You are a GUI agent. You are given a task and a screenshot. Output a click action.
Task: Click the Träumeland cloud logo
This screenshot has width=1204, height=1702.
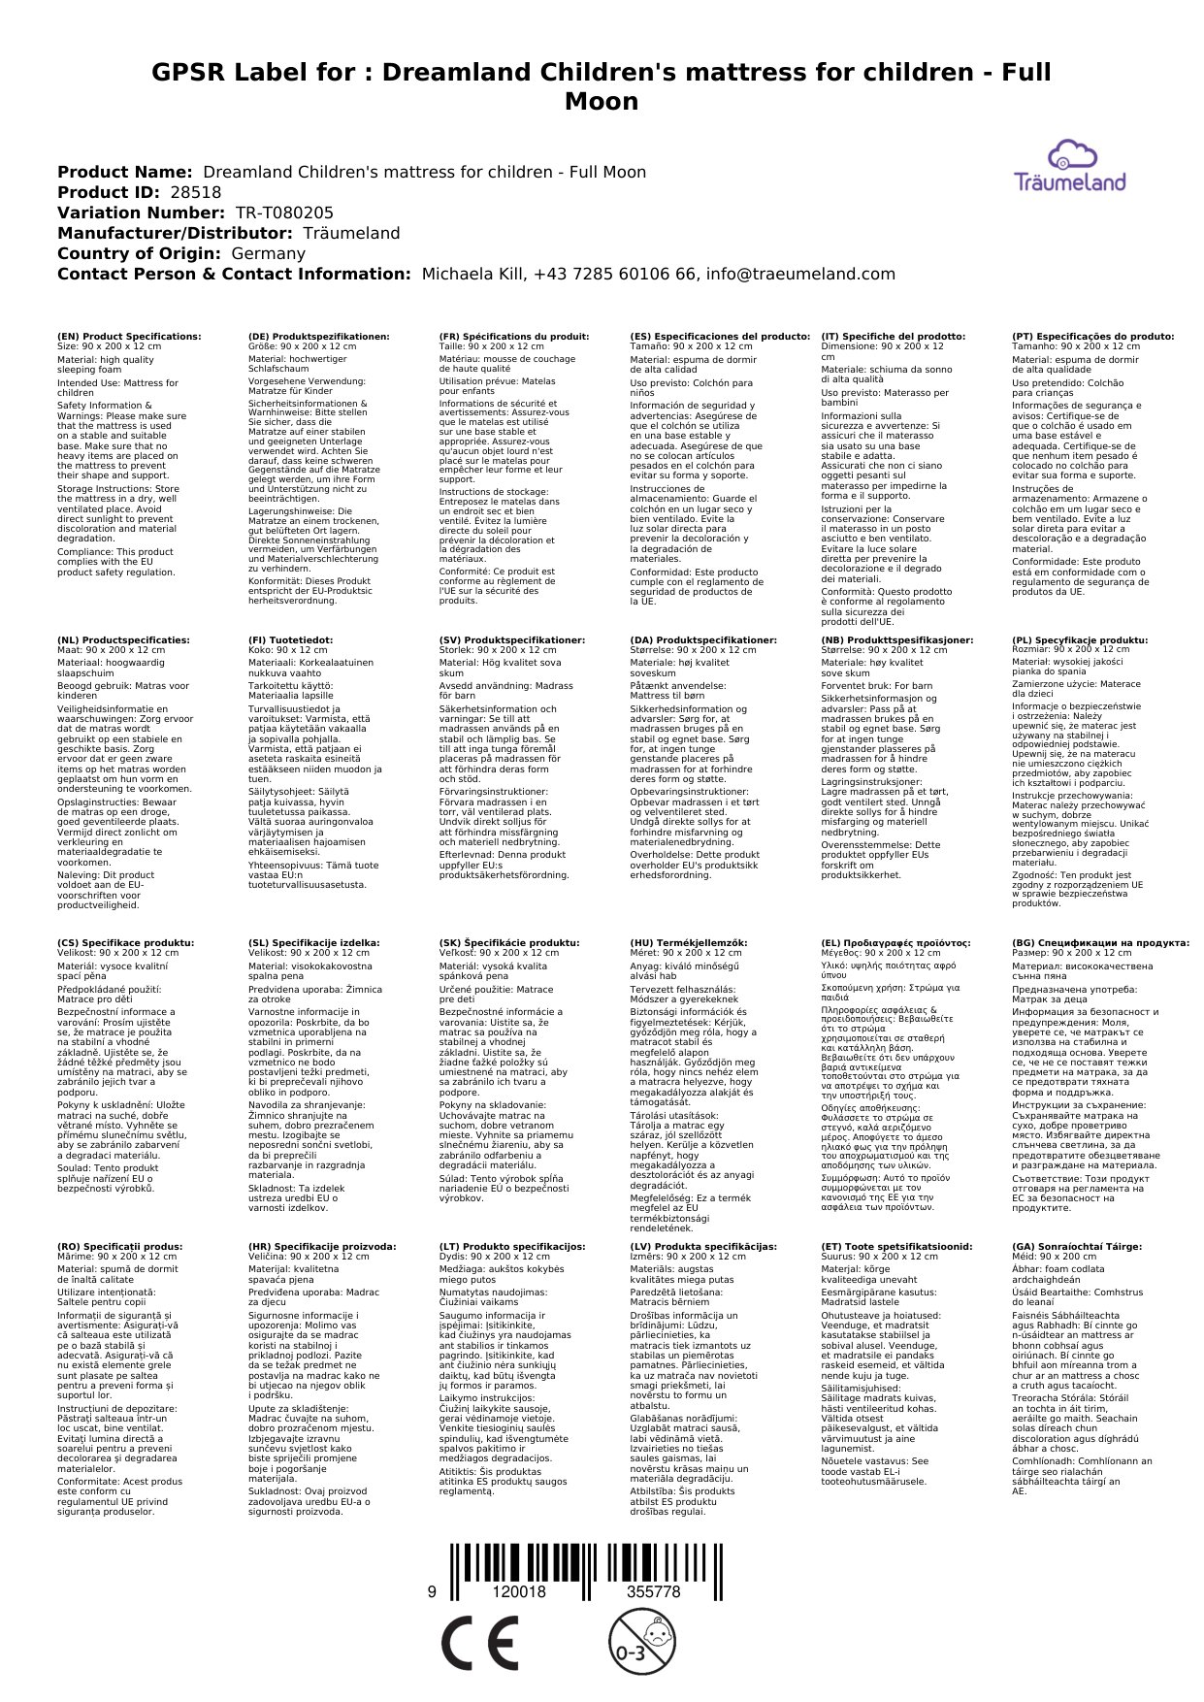pyautogui.click(x=1070, y=166)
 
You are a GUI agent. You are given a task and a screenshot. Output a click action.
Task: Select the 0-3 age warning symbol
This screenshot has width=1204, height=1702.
pyautogui.click(x=641, y=1642)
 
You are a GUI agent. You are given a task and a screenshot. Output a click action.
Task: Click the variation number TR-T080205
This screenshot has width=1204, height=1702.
pyautogui.click(x=284, y=213)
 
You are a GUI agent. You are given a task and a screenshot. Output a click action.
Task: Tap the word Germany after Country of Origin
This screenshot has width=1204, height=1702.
pyautogui.click(x=268, y=253)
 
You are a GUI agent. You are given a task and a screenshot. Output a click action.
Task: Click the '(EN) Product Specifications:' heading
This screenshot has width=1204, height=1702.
pyautogui.click(x=129, y=337)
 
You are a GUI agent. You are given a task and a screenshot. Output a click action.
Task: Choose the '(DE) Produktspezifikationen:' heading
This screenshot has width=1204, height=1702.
pyautogui.click(x=319, y=337)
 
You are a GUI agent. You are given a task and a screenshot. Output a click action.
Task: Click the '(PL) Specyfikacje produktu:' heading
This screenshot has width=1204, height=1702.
pyautogui.click(x=1080, y=640)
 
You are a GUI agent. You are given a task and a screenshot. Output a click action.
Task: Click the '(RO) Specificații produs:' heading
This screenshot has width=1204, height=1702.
pyautogui.click(x=120, y=1246)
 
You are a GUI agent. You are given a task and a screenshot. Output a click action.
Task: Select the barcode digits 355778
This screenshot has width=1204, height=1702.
pyautogui.click(x=653, y=1591)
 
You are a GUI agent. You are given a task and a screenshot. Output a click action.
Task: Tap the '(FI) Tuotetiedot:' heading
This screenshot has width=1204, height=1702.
pyautogui.click(x=290, y=640)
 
